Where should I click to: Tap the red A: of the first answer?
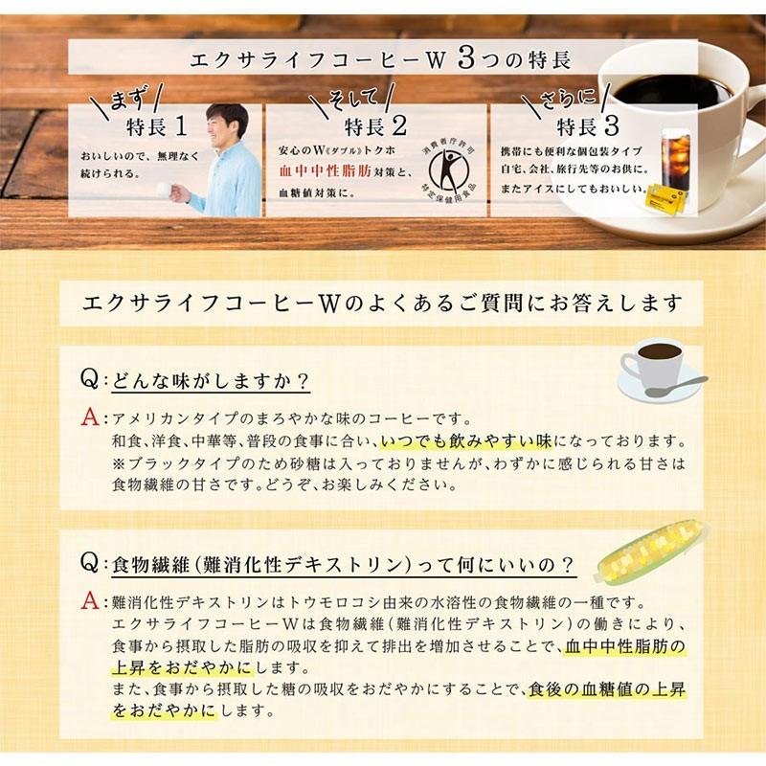(x=91, y=418)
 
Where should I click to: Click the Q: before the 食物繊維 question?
(x=91, y=560)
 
